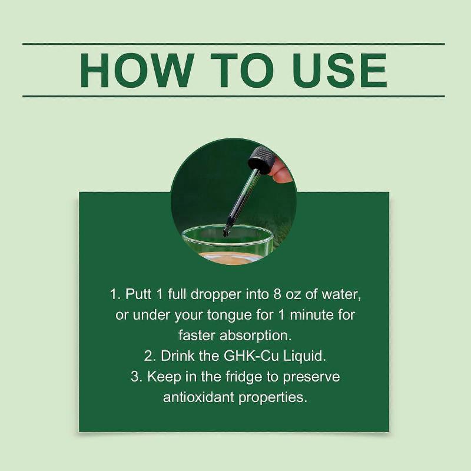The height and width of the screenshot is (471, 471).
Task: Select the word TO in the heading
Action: click(x=242, y=70)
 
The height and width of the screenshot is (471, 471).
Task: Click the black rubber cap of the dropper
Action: click(x=261, y=160)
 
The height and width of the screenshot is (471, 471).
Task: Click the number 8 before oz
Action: click(x=277, y=294)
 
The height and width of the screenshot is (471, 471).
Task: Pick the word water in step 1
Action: click(x=341, y=294)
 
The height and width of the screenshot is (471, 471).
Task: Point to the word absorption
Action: click(x=256, y=336)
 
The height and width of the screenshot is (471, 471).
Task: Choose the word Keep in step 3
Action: click(x=164, y=377)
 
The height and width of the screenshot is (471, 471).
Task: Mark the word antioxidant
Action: click(x=198, y=397)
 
